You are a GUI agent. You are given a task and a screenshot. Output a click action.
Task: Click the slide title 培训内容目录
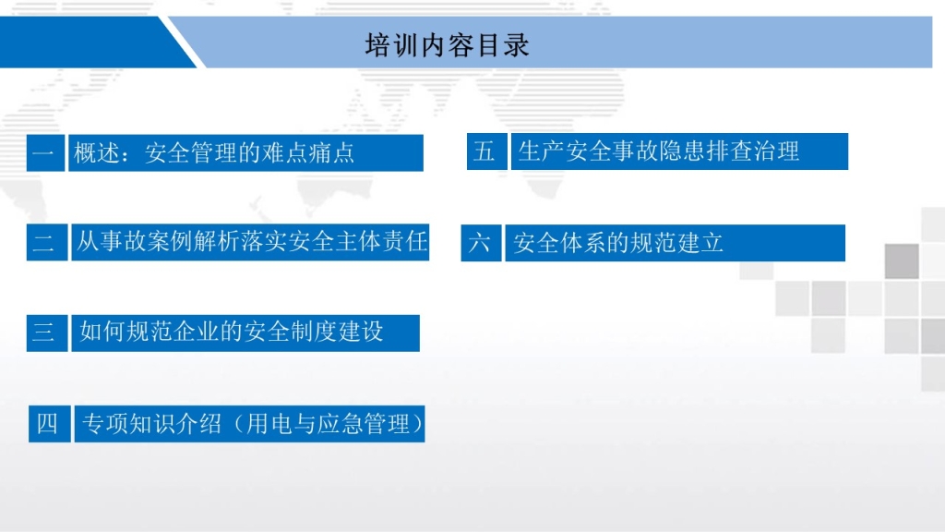448,45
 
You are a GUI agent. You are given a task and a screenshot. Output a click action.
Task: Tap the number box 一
45,153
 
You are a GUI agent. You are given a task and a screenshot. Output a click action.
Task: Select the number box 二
46,243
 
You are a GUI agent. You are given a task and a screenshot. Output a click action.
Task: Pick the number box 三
46,332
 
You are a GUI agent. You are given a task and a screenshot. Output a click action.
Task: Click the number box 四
50,424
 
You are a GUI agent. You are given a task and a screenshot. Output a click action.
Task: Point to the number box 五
486,151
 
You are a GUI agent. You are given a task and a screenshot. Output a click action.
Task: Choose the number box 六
481,243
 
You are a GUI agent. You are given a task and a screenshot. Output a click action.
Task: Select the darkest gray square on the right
902,261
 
